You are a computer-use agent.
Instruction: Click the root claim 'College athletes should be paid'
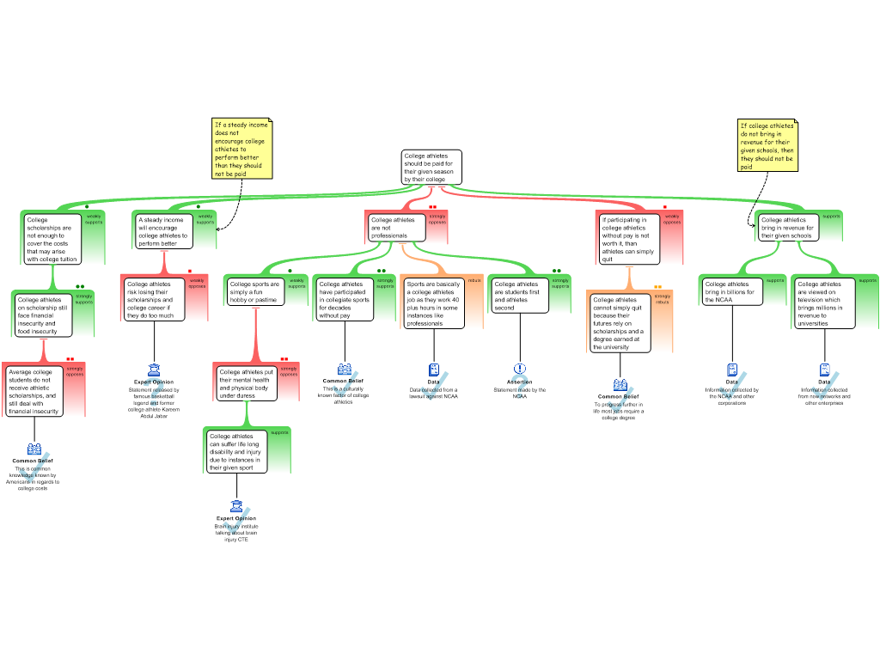coord(431,168)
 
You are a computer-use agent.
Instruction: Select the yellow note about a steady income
coord(241,149)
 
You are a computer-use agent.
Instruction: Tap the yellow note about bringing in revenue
coord(767,145)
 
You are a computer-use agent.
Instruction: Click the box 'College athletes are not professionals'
coord(396,228)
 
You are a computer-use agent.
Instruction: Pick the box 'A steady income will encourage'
coord(163,231)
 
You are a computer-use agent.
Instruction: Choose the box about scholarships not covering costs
coord(53,239)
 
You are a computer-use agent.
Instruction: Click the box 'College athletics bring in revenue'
coord(786,228)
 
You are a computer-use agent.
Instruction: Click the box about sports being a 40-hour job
coord(434,303)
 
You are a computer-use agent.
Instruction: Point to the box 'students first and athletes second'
coord(519,294)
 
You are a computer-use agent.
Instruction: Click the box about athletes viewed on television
coord(824,303)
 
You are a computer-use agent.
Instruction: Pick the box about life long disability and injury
coord(236,452)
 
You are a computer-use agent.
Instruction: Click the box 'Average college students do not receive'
coord(34,392)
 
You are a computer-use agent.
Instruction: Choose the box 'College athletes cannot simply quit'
coord(620,323)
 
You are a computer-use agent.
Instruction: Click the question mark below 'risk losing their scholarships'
coord(154,390)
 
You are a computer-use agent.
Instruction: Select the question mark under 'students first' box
coord(520,386)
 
